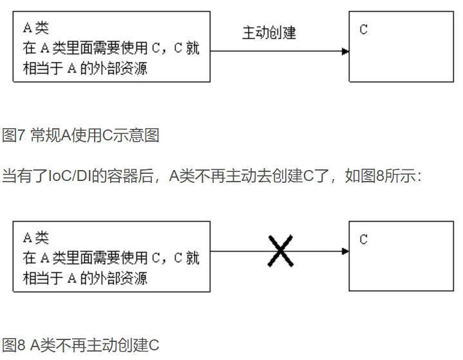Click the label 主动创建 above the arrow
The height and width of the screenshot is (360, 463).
coord(269,32)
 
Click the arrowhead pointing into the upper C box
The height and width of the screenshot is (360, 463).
coord(345,51)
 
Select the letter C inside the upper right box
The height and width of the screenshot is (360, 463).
coord(364,30)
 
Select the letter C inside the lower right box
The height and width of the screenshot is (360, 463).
coord(364,240)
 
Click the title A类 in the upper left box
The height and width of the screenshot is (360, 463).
coord(36,28)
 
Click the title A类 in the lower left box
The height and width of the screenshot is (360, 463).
coord(36,238)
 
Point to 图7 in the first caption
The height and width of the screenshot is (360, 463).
coord(14,136)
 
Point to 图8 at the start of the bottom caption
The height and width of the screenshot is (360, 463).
coord(14,345)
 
